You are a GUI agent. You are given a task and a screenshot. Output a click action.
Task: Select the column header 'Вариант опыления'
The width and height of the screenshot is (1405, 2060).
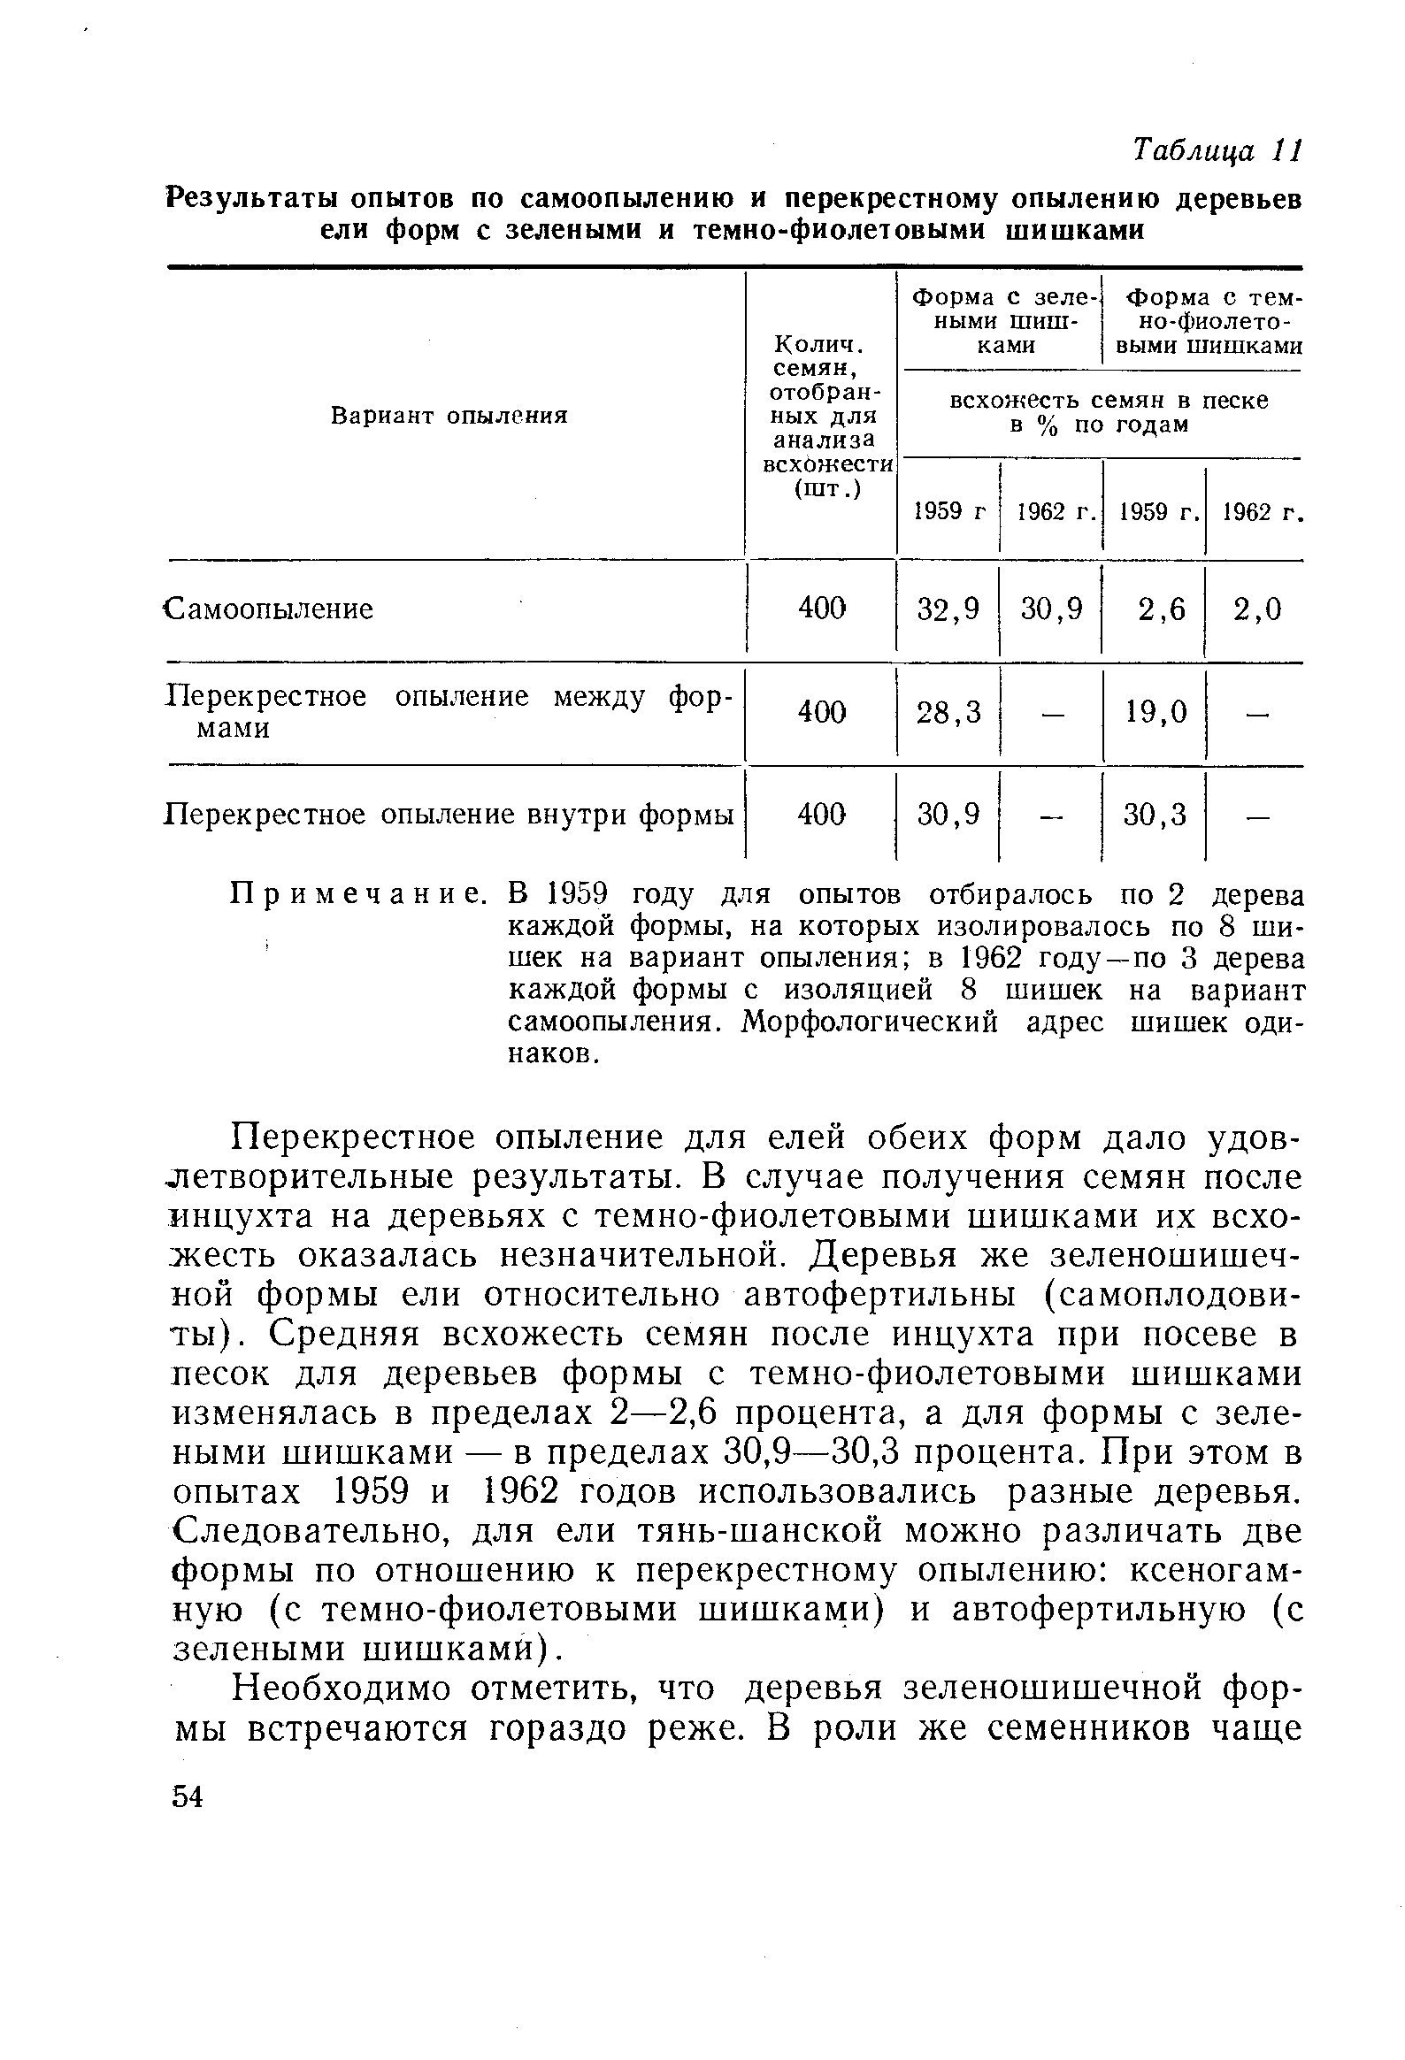pyautogui.click(x=449, y=416)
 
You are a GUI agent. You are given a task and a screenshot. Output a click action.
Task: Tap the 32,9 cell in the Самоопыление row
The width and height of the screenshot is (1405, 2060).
pyautogui.click(x=948, y=609)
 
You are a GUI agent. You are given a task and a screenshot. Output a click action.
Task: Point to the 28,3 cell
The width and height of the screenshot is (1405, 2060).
pyautogui.click(x=948, y=711)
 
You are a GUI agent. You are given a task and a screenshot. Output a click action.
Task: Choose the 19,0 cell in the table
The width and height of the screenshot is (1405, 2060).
pyautogui.click(x=1155, y=711)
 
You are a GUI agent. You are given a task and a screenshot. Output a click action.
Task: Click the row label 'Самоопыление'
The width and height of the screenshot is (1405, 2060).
pyautogui.click(x=271, y=609)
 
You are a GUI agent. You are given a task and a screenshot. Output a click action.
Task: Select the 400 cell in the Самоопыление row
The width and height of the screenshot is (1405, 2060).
pyautogui.click(x=822, y=609)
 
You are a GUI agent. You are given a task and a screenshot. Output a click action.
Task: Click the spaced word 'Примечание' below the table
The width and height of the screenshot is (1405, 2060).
pyautogui.click(x=359, y=894)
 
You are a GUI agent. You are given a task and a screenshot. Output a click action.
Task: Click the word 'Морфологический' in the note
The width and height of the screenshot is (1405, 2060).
pyautogui.click(x=869, y=1022)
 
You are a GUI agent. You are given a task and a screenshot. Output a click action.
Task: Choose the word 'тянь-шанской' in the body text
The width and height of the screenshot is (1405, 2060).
pyautogui.click(x=764, y=1531)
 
